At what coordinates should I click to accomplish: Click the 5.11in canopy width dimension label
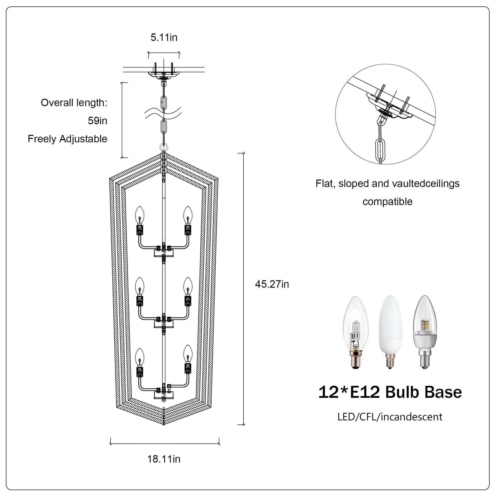(x=164, y=37)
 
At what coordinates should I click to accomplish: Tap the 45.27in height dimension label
(x=272, y=284)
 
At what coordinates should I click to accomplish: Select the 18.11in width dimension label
(x=164, y=459)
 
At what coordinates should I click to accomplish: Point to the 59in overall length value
(x=98, y=121)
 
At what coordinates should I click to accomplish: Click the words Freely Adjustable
(x=68, y=139)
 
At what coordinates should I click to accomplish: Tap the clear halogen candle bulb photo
(x=356, y=332)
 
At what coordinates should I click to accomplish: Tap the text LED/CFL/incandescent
(x=390, y=417)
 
